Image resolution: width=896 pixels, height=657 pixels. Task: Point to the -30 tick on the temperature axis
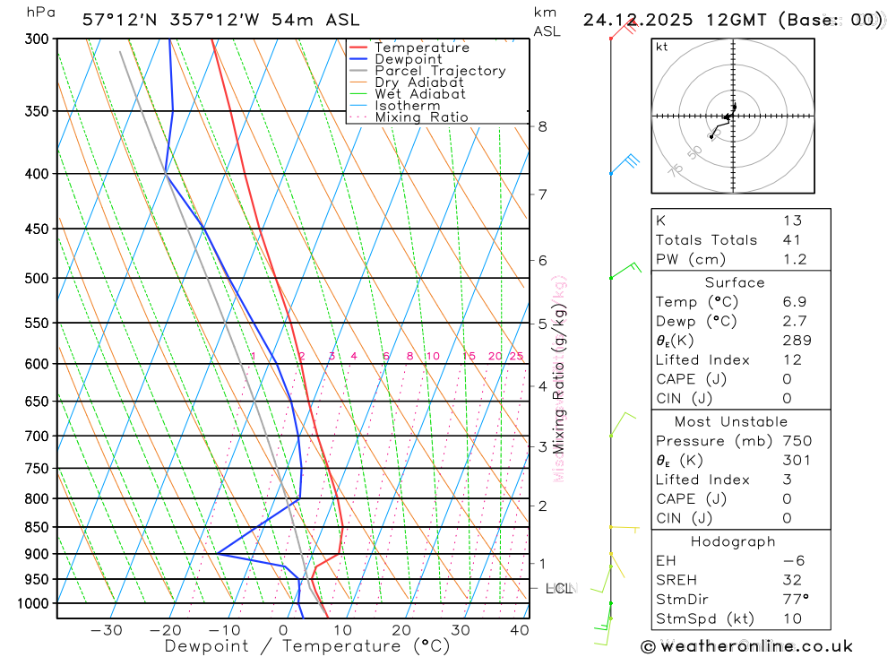click(107, 630)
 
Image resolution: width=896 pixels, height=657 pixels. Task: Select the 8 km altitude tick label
click(543, 126)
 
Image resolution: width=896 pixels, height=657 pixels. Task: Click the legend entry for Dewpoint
click(408, 59)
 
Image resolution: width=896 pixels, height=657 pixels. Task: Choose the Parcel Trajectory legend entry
click(440, 71)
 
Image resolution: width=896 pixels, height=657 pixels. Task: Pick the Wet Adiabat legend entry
click(420, 94)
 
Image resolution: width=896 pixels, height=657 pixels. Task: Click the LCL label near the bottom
click(558, 589)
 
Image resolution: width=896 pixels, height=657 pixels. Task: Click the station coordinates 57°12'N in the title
click(118, 20)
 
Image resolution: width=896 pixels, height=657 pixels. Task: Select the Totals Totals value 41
click(791, 240)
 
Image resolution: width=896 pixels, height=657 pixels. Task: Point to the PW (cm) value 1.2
click(795, 260)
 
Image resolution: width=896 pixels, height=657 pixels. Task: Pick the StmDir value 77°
click(795, 600)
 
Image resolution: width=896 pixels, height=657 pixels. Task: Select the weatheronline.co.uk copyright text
click(746, 646)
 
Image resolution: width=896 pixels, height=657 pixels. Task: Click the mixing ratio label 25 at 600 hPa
click(516, 357)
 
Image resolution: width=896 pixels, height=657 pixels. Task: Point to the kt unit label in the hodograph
click(661, 48)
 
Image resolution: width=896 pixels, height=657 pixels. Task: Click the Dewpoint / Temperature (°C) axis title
click(307, 645)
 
